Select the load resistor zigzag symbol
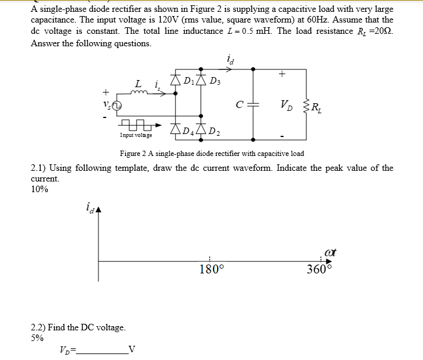click(306, 107)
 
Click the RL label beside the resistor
click(318, 108)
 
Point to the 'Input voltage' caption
click(136, 136)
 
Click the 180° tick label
click(212, 270)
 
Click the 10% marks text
click(39, 189)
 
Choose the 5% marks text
click(37, 338)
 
